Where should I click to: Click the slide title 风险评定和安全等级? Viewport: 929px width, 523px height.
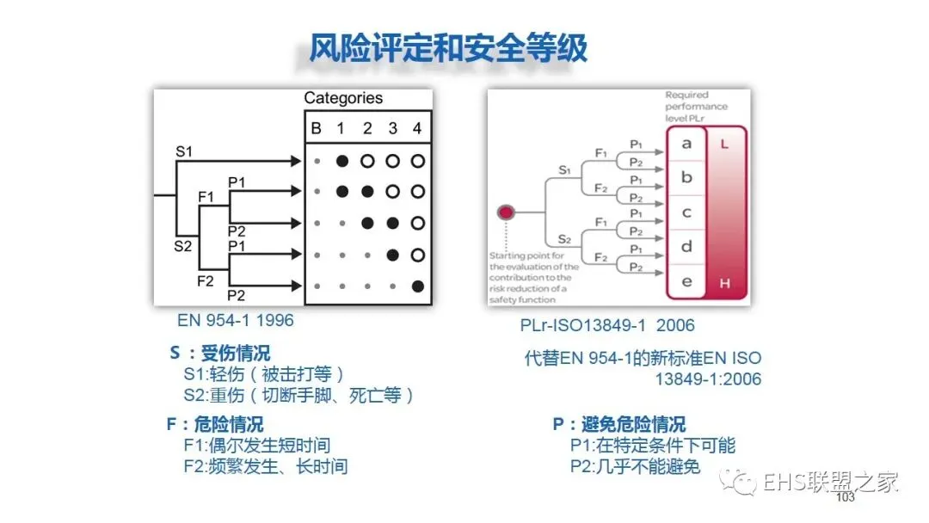[x=449, y=48]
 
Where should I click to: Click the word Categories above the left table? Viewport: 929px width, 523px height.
[x=343, y=98]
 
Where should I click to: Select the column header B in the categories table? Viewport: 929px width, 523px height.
[x=316, y=129]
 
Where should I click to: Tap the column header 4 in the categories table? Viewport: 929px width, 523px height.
[x=417, y=129]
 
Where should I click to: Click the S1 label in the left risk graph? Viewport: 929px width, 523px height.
[x=184, y=151]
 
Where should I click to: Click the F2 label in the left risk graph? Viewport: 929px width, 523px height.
[x=206, y=280]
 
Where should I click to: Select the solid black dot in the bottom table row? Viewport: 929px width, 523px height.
[x=418, y=286]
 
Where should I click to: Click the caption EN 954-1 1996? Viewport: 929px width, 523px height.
[x=235, y=321]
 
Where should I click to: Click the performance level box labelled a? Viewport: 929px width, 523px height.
[x=686, y=144]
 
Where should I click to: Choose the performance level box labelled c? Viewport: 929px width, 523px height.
[x=686, y=212]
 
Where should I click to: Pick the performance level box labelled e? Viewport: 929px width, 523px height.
[x=686, y=281]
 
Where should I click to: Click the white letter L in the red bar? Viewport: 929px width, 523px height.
[x=725, y=145]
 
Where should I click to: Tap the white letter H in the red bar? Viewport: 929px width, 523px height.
[x=725, y=282]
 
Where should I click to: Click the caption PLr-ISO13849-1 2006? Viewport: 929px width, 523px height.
[x=608, y=326]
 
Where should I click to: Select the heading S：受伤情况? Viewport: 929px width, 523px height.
[x=220, y=354]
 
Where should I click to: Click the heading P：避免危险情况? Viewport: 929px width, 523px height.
[x=619, y=425]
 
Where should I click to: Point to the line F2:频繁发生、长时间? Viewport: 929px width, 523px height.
[x=265, y=467]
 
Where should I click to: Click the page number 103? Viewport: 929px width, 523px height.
[x=845, y=498]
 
